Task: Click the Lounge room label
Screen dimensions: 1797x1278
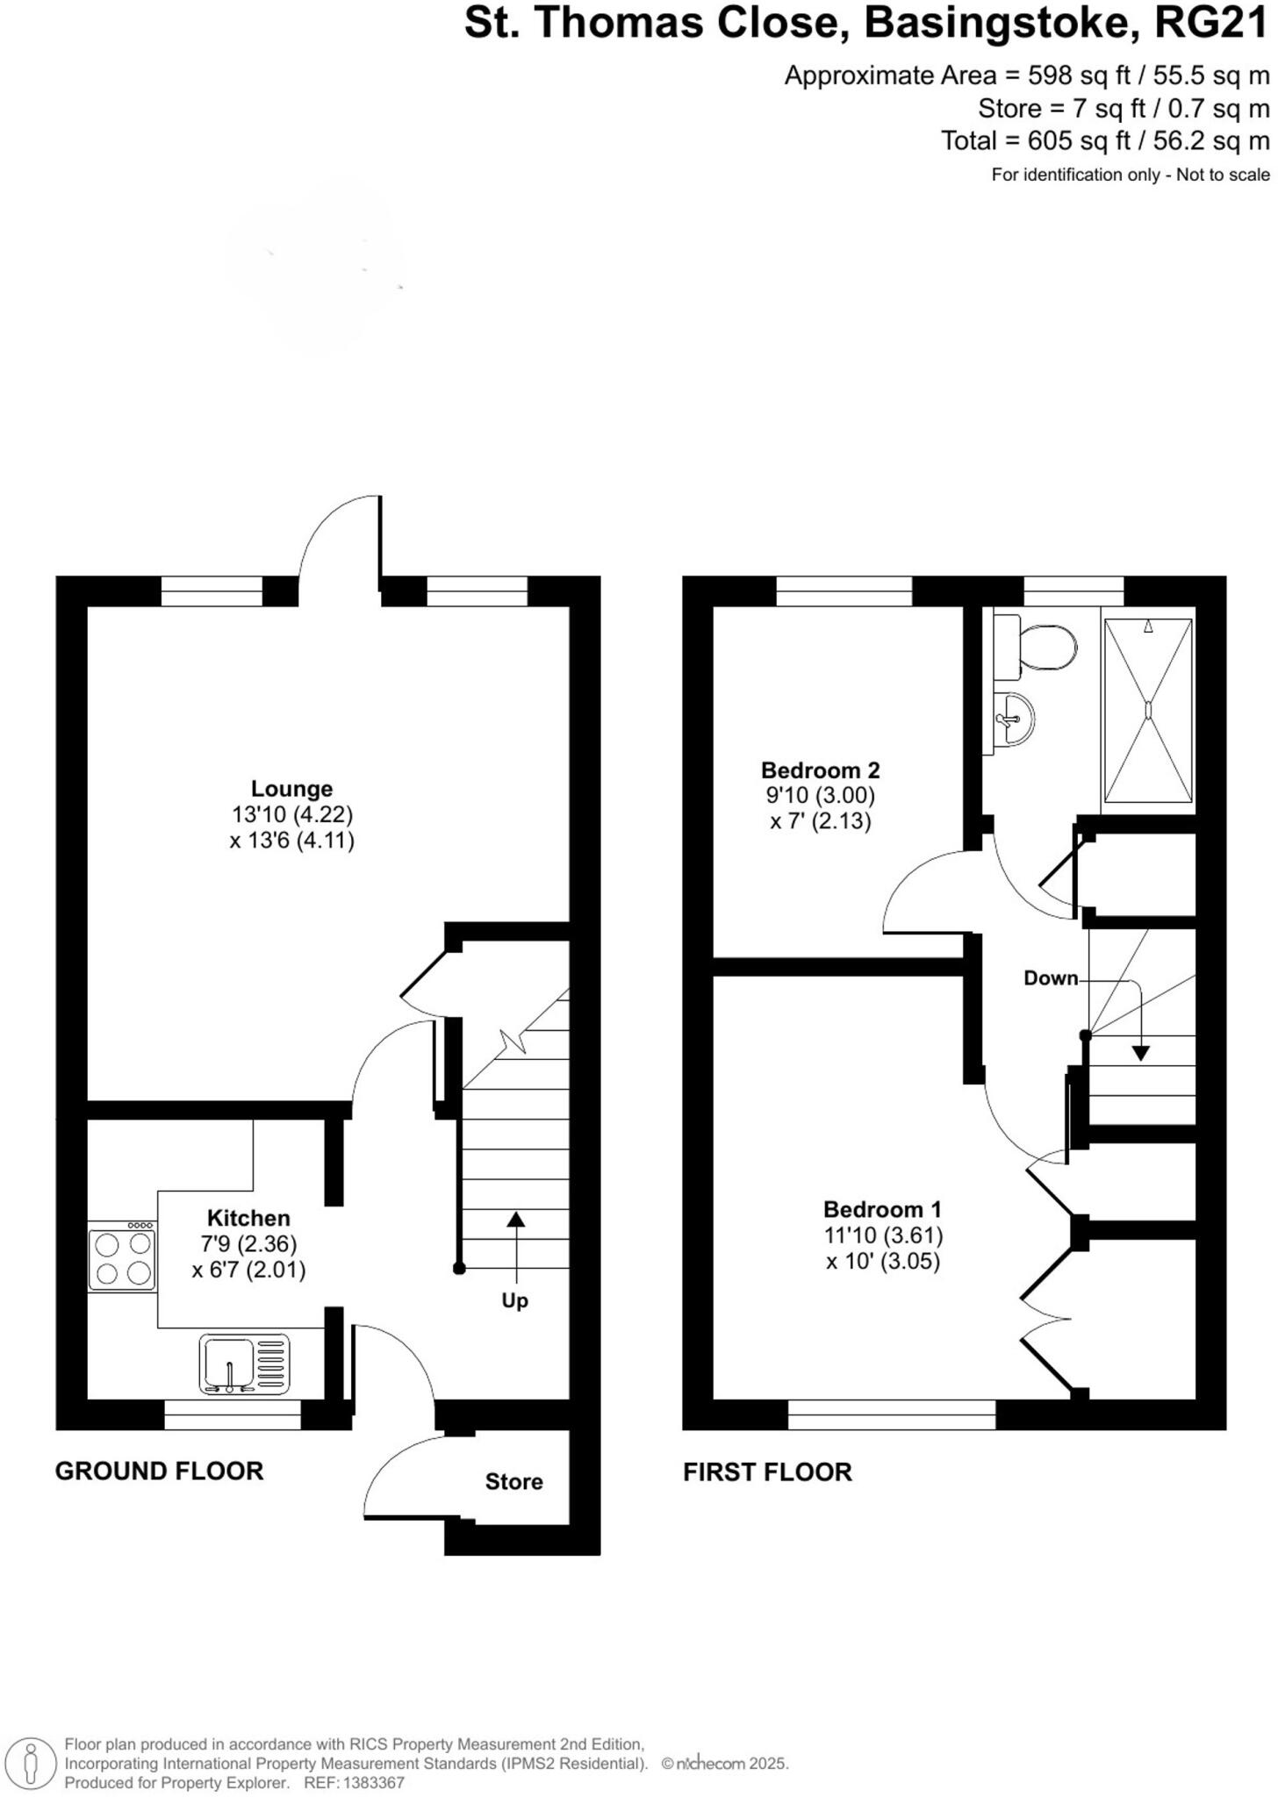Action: (x=291, y=788)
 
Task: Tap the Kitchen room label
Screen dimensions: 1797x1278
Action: (x=248, y=1218)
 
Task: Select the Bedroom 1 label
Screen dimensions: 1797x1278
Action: (x=882, y=1209)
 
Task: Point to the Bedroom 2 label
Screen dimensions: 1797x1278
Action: (x=820, y=770)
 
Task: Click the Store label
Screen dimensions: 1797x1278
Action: (x=513, y=1482)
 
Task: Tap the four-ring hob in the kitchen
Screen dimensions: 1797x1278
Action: (x=122, y=1258)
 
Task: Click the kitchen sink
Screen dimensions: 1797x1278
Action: (x=244, y=1364)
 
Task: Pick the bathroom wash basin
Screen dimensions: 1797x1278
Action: (x=1014, y=720)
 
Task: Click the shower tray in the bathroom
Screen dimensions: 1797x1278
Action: (x=1147, y=710)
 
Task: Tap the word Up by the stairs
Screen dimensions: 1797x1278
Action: (x=514, y=1300)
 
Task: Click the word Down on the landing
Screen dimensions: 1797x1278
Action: (x=1051, y=977)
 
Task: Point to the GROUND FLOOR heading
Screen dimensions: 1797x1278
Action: (x=159, y=1471)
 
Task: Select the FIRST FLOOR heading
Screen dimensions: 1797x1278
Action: (x=767, y=1472)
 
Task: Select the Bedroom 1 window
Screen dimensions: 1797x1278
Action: (x=892, y=1414)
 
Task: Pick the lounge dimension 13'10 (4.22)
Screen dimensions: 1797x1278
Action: (x=292, y=815)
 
